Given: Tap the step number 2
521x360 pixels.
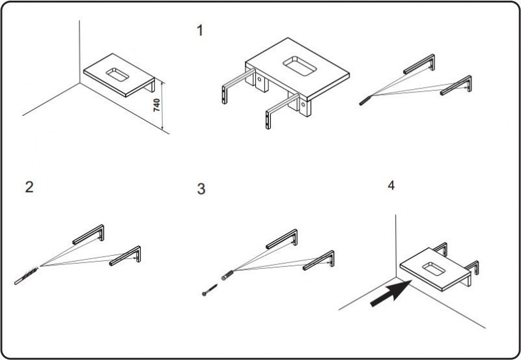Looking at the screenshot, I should coord(29,187).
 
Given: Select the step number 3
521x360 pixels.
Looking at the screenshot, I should coord(201,189).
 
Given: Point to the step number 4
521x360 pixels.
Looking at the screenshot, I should coord(391,186).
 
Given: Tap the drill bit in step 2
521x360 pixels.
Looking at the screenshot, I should coord(26,274).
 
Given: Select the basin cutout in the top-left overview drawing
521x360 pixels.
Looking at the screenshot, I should coord(117,71).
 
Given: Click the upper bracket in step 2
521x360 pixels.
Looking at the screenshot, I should coord(89,234).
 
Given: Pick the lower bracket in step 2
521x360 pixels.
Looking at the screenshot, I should coord(126,256).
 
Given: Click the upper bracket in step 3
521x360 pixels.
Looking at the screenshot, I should coord(283,239).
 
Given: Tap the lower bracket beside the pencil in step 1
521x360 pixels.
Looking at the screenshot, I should coord(457,85).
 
